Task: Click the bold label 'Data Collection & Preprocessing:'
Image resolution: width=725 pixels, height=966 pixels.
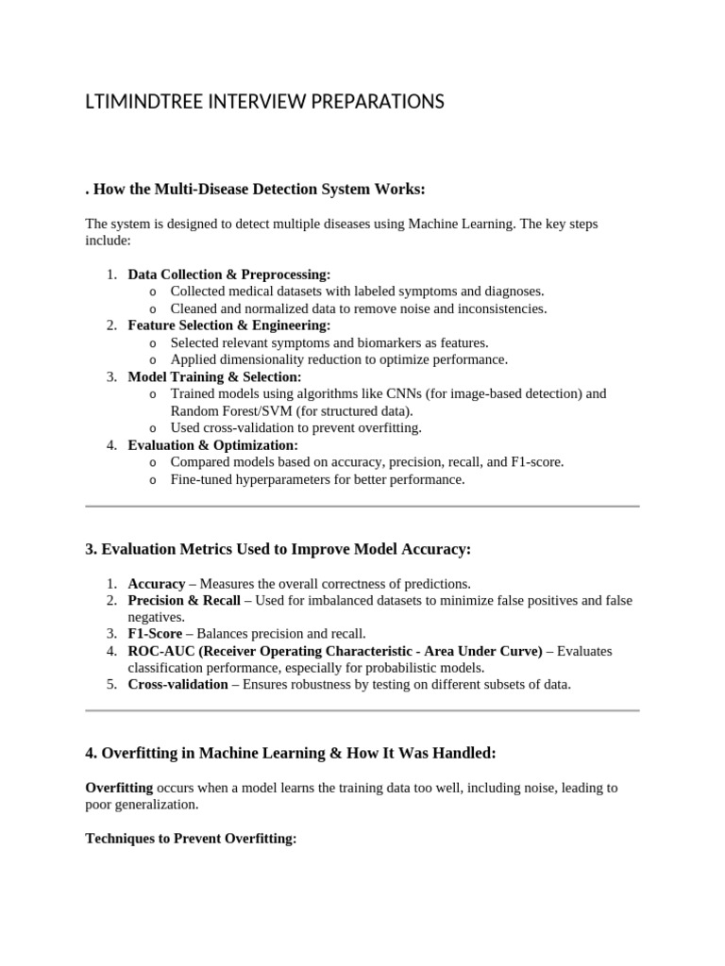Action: pos(229,275)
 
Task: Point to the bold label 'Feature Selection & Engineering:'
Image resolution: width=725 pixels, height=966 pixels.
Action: pos(228,325)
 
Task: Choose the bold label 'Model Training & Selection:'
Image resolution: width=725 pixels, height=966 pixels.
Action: pos(214,376)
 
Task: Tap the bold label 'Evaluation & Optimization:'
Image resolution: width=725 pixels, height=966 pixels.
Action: pos(212,444)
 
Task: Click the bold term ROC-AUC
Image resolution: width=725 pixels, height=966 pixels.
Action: pos(159,651)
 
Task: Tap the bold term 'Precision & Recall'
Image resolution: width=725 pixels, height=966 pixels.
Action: pos(184,600)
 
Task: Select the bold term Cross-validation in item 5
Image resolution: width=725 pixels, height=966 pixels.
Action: pos(177,684)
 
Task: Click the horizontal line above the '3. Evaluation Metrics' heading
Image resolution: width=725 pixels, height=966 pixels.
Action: pos(362,507)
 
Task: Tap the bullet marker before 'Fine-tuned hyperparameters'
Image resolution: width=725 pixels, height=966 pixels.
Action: pos(153,480)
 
